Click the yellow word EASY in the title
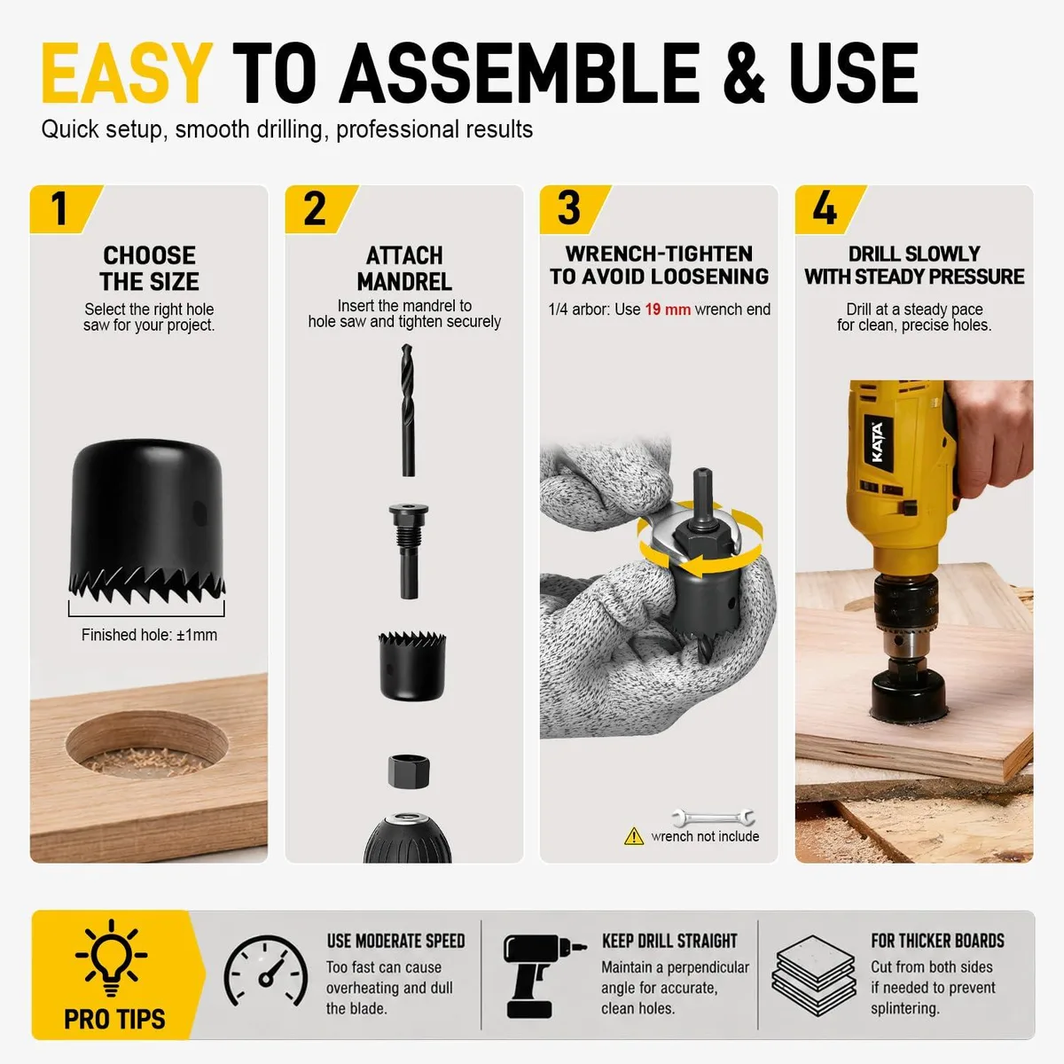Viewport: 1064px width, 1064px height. coord(127,74)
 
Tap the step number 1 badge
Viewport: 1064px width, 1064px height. coord(65,208)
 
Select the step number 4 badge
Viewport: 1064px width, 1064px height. coord(829,208)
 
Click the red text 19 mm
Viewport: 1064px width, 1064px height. coord(668,309)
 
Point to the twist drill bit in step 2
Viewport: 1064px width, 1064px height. coord(408,410)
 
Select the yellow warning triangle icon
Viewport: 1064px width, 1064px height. coord(634,836)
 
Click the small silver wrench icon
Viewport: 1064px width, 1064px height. coord(713,817)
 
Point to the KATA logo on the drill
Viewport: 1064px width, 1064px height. coord(878,442)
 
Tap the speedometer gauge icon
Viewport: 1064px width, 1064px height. coord(266,971)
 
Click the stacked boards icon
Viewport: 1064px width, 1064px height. coord(814,975)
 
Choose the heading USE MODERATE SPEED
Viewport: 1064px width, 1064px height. coord(395,941)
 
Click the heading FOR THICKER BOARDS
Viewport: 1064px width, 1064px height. coord(937,941)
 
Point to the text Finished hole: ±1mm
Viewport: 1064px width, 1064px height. coord(149,635)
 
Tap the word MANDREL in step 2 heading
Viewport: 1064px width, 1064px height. coord(404,282)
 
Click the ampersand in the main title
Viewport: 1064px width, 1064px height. coord(744,74)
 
